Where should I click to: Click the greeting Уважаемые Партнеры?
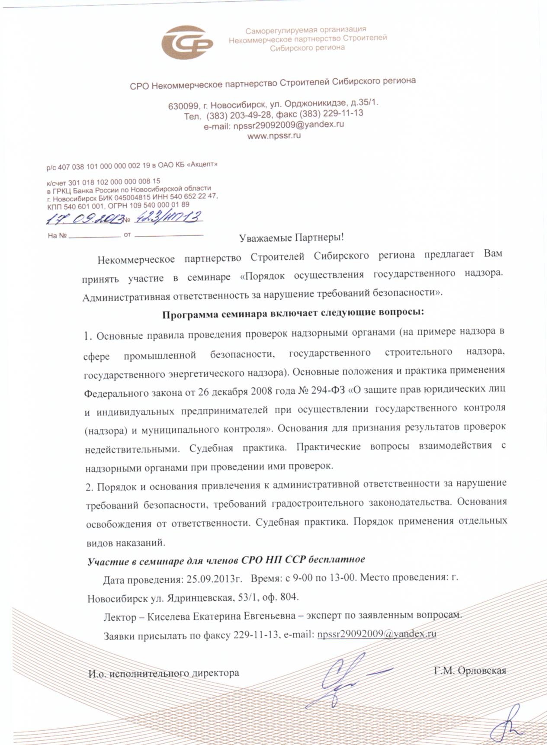tap(291, 238)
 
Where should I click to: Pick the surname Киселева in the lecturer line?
tap(168, 616)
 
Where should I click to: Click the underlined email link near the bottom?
tap(376, 634)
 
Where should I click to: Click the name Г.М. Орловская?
tap(470, 671)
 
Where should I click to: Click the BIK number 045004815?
tap(132, 197)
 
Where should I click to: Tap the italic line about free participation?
tap(226, 560)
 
